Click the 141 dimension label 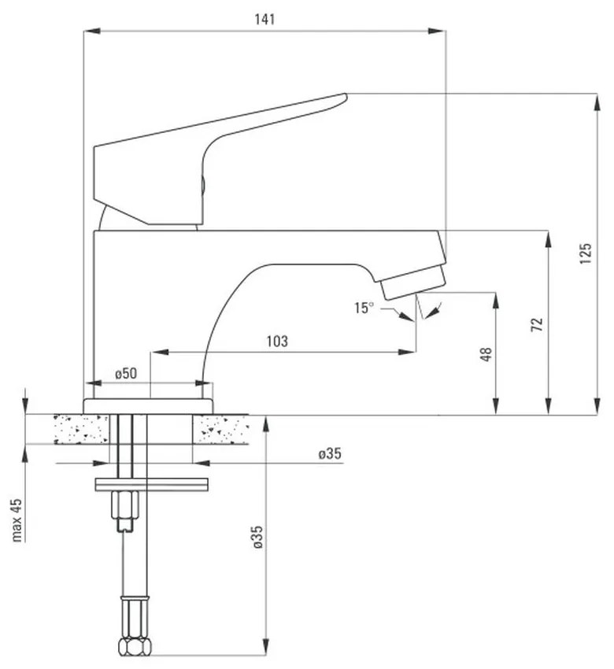[265, 19]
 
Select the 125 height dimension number [586, 253]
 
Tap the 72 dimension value [537, 325]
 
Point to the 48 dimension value [486, 354]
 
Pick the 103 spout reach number [277, 342]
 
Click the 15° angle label [364, 308]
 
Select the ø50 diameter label [126, 373]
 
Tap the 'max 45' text [17, 519]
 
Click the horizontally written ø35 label [330, 453]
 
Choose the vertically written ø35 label [257, 537]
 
